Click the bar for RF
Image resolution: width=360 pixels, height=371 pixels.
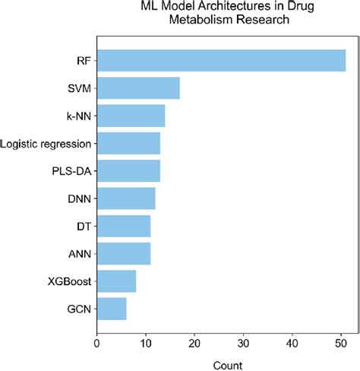(x=220, y=60)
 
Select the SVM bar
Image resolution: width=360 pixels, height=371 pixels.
(x=138, y=88)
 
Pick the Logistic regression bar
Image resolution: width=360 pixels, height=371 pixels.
(x=128, y=143)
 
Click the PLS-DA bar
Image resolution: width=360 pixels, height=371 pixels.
(x=128, y=171)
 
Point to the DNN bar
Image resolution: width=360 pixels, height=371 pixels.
(x=126, y=198)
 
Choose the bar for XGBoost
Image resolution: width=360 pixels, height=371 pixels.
(x=116, y=281)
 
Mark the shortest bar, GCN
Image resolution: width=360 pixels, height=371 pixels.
(x=112, y=309)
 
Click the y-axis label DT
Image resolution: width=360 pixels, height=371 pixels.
(x=84, y=227)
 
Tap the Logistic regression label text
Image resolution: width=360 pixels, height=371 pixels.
(x=46, y=144)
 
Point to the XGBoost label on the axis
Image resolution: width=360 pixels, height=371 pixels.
(x=69, y=282)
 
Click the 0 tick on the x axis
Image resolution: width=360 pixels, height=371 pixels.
(x=97, y=343)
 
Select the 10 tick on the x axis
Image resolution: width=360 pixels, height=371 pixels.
(x=146, y=343)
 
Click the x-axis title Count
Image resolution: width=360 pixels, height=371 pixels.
(x=223, y=364)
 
